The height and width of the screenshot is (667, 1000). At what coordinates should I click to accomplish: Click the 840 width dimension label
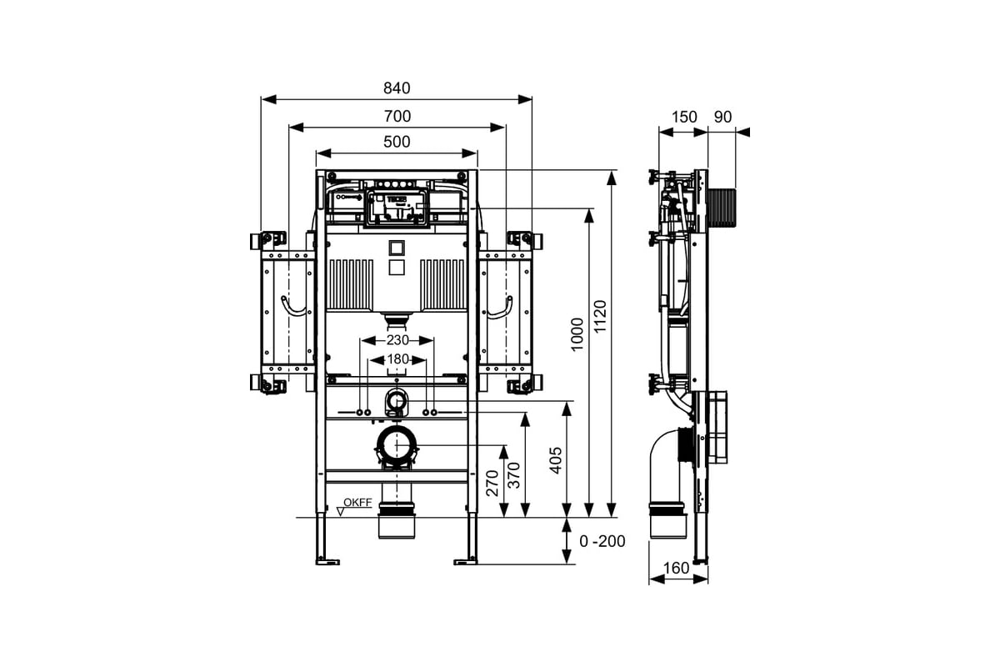pyautogui.click(x=397, y=88)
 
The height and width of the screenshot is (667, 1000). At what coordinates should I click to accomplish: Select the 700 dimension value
pyautogui.click(x=397, y=116)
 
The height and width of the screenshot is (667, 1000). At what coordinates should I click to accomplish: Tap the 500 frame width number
pyautogui.click(x=397, y=142)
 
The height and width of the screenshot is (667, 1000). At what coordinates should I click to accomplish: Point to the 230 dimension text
pyautogui.click(x=397, y=340)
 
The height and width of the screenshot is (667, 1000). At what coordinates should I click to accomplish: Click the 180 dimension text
pyautogui.click(x=397, y=359)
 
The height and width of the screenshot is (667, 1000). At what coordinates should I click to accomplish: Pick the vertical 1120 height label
pyautogui.click(x=601, y=316)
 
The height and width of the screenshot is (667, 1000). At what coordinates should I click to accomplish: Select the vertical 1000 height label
pyautogui.click(x=577, y=334)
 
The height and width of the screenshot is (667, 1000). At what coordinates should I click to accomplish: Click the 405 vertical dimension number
pyautogui.click(x=555, y=460)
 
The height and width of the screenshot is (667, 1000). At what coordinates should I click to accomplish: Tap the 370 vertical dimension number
pyautogui.click(x=514, y=475)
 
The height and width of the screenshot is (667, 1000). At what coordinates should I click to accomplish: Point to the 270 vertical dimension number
pyautogui.click(x=492, y=483)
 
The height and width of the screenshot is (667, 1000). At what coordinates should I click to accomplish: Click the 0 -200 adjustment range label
pyautogui.click(x=602, y=541)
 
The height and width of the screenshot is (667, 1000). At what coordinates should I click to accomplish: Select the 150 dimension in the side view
pyautogui.click(x=684, y=117)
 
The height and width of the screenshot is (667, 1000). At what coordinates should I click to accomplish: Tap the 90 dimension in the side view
pyautogui.click(x=722, y=117)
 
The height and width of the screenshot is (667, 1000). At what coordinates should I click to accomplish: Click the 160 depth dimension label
pyautogui.click(x=676, y=569)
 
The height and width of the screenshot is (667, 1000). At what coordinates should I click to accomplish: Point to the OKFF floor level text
pyautogui.click(x=357, y=502)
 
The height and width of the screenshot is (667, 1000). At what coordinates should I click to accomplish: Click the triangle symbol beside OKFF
pyautogui.click(x=341, y=512)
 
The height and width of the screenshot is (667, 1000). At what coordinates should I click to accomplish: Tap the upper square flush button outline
pyautogui.click(x=397, y=248)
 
